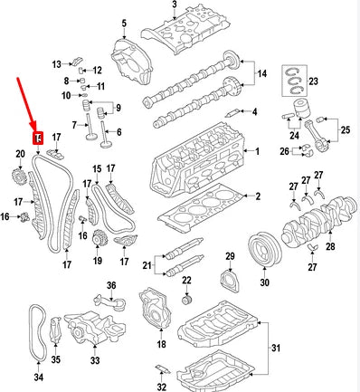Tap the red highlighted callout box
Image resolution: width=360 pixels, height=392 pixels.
(x=38, y=138)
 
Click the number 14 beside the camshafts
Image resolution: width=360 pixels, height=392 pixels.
(x=263, y=72)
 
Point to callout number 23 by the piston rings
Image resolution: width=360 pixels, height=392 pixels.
(x=314, y=82)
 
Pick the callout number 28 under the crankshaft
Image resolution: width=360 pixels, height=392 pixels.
(x=329, y=246)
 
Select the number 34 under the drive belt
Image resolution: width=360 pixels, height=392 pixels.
(x=38, y=378)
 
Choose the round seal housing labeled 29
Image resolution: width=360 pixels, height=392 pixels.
(x=230, y=277)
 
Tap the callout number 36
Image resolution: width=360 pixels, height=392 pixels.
(x=111, y=287)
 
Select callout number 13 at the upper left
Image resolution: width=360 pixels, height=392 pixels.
(x=56, y=63)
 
